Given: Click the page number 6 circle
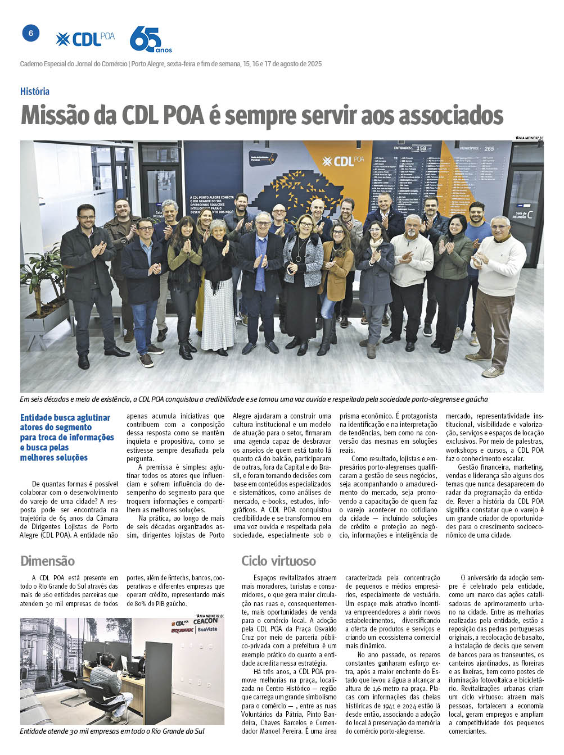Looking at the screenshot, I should point(31,34).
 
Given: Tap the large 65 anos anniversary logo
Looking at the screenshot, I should point(149,40).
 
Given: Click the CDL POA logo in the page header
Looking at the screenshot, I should point(85,39).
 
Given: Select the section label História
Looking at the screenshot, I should point(35,91).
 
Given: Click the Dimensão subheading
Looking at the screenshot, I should point(47,561).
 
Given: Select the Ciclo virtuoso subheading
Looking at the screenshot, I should point(278,561).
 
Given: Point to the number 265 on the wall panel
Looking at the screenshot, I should point(489,148).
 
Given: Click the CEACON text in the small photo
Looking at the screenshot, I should point(205,621).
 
